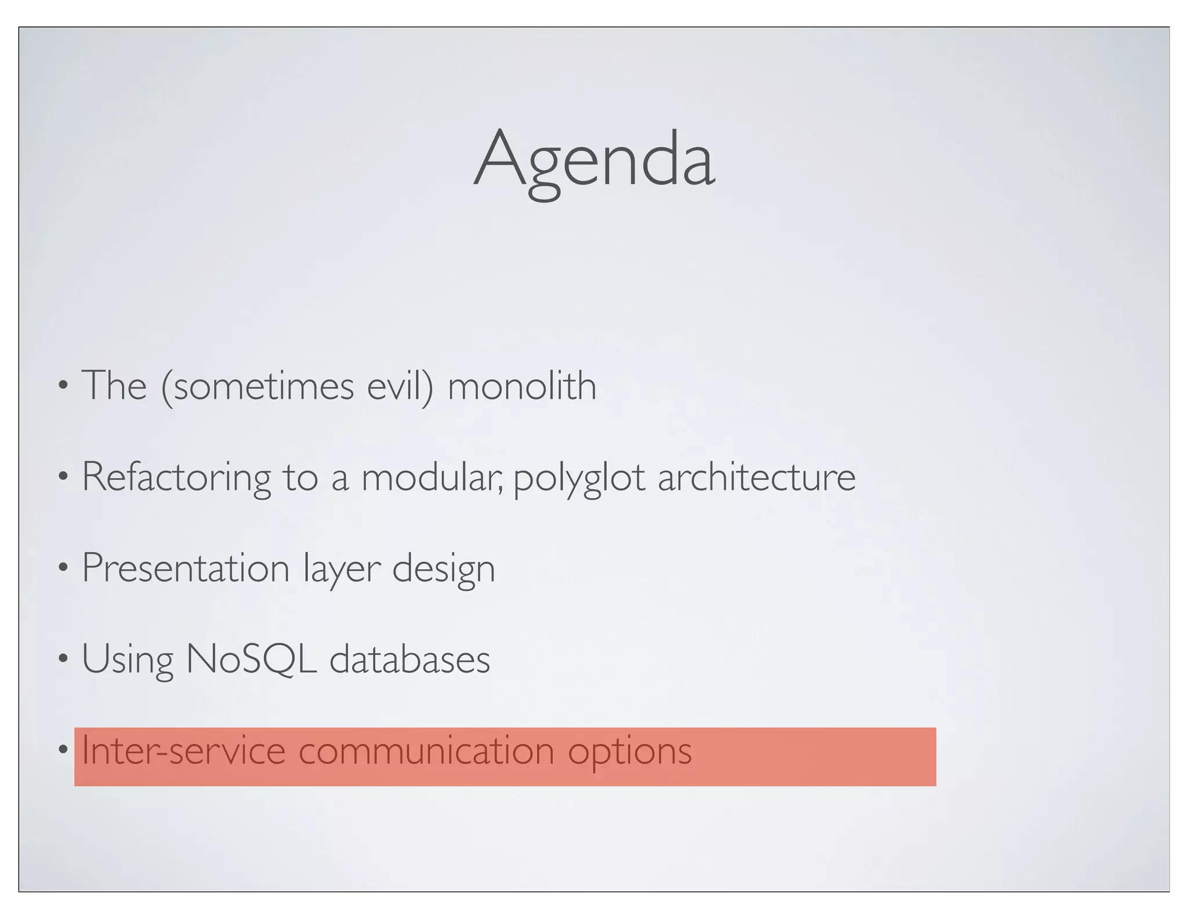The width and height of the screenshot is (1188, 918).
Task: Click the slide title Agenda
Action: [594, 160]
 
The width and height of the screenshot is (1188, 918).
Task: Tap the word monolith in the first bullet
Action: [521, 386]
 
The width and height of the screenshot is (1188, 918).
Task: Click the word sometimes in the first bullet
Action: [258, 386]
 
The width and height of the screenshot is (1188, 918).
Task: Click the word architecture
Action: [756, 477]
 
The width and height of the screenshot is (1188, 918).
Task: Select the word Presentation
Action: [186, 568]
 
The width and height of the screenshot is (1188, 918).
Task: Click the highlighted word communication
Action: [427, 750]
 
